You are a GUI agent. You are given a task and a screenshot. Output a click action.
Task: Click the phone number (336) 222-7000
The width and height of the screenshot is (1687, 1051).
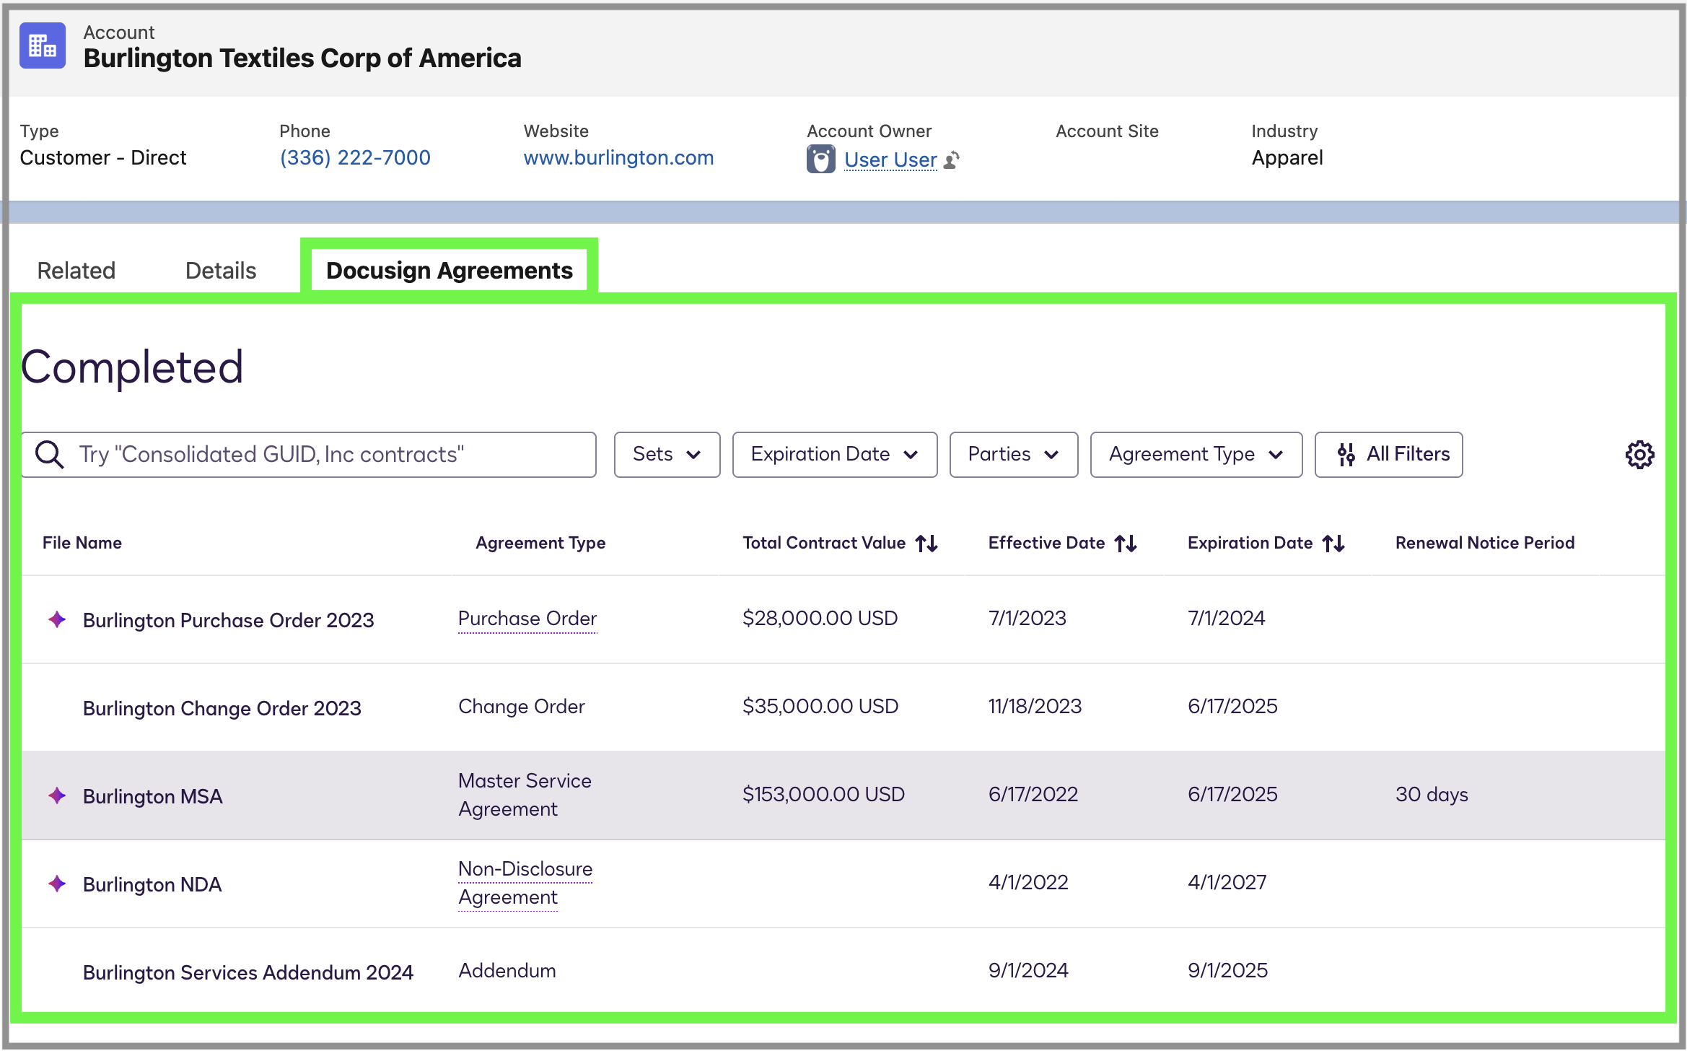[354, 157]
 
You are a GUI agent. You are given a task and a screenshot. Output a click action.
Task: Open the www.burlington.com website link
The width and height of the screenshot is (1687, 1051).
[618, 157]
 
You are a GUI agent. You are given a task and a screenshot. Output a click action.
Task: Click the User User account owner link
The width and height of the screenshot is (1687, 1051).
[890, 160]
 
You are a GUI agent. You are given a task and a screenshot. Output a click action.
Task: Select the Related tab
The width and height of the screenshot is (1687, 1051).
[76, 271]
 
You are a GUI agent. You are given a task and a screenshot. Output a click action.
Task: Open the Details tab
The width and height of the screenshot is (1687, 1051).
[220, 271]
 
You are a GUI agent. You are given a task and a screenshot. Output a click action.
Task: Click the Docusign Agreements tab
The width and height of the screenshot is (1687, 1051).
[449, 271]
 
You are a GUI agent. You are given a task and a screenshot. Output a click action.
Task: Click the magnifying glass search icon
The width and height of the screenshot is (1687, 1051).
[50, 455]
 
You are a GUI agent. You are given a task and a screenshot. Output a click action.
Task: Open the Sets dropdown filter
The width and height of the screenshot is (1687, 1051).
[667, 455]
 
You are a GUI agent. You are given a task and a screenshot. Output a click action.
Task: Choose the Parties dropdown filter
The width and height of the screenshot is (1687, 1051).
[1013, 455]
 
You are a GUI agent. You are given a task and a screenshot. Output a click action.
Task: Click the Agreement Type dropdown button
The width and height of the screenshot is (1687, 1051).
[1196, 455]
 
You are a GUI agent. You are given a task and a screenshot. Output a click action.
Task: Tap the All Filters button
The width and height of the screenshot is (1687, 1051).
[1388, 455]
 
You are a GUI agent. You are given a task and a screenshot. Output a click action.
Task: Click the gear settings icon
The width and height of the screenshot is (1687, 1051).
[1639, 455]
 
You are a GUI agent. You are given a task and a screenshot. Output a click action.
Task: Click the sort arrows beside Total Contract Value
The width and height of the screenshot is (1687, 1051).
[926, 544]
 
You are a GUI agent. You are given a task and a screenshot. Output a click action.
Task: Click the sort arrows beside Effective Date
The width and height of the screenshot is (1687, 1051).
[1126, 544]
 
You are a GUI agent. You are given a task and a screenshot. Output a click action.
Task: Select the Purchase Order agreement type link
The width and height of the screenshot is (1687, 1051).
[527, 619]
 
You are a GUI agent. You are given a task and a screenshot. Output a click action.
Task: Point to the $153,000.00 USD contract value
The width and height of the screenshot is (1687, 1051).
[823, 795]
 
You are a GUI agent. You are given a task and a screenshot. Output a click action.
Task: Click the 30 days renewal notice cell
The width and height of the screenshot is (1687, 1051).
[1432, 795]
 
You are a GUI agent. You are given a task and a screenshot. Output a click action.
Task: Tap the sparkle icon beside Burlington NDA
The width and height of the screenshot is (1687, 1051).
[57, 884]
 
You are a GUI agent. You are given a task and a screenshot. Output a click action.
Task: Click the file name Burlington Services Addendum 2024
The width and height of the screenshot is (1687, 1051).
[247, 972]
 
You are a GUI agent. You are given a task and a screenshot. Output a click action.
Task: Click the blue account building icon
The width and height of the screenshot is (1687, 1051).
[43, 45]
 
